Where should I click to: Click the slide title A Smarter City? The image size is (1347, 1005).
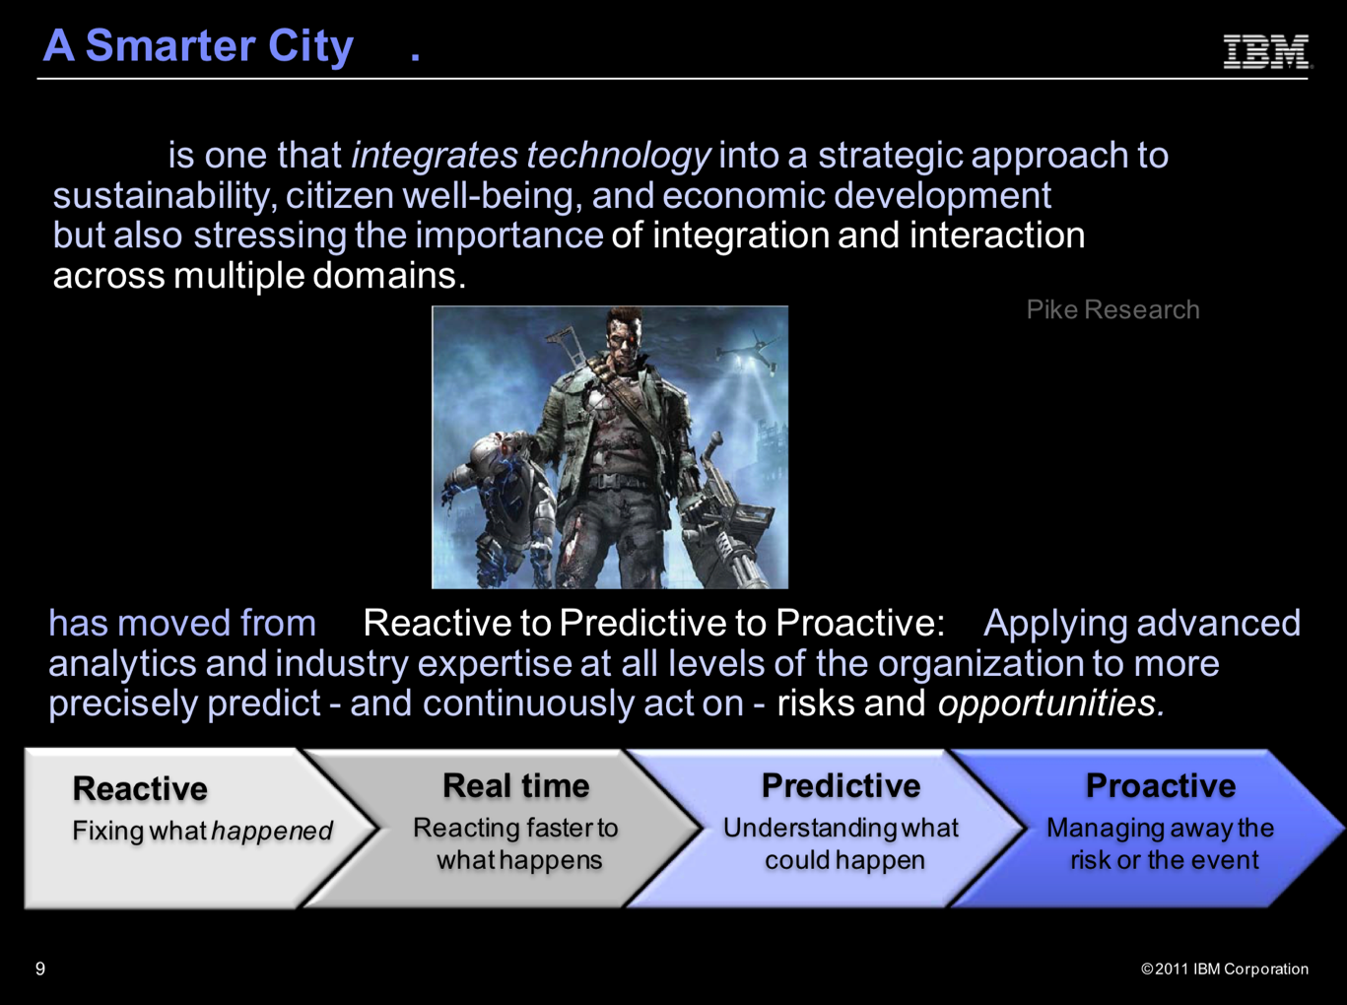tap(198, 46)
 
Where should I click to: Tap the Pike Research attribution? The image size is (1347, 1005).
tap(1112, 309)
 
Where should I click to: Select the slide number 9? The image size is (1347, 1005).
tap(40, 969)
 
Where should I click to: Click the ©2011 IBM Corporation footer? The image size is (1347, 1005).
tap(1224, 969)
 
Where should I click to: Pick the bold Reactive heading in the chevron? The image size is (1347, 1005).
tap(140, 788)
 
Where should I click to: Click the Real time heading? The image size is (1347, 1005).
tap(516, 786)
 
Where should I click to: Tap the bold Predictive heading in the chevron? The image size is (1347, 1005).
tap(841, 786)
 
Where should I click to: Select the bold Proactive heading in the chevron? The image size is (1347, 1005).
tap(1161, 786)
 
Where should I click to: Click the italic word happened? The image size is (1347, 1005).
tap(272, 832)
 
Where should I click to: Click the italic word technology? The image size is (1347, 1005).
tap(619, 156)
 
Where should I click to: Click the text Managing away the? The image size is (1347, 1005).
tap(1160, 829)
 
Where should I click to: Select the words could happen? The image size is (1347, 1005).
tap(844, 860)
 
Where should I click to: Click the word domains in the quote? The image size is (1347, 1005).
tap(389, 276)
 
